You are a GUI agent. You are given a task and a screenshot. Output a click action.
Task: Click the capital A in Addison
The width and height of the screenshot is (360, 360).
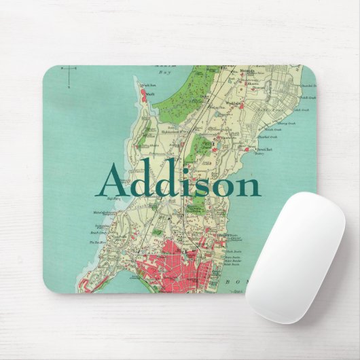tap(115, 181)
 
